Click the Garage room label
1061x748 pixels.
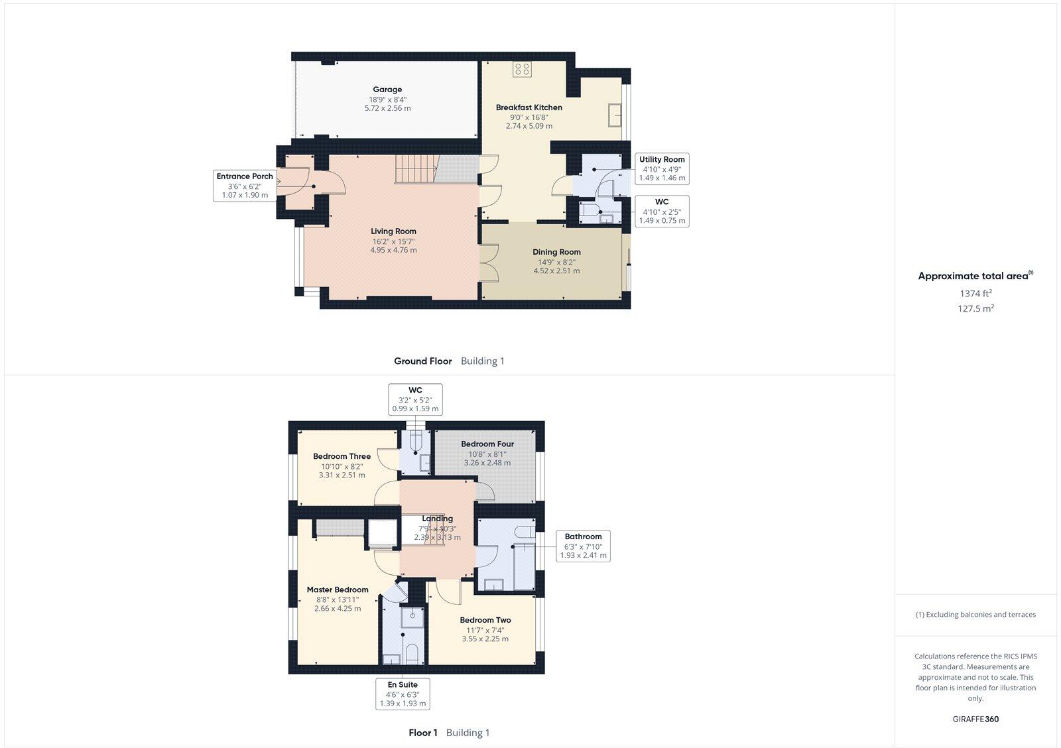tap(387, 90)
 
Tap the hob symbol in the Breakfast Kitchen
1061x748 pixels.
tap(522, 69)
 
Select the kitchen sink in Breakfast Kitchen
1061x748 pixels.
tap(614, 115)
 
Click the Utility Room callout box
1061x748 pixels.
tap(662, 168)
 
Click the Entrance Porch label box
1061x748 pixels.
tap(245, 186)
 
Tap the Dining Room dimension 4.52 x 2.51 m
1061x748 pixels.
tap(556, 271)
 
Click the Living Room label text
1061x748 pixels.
tap(393, 231)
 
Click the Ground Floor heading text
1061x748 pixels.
tap(422, 361)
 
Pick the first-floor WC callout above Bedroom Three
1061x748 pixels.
tap(415, 399)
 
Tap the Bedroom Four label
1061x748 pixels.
tap(487, 444)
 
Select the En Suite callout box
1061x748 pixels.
tap(403, 694)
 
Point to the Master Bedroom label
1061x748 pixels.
tap(338, 590)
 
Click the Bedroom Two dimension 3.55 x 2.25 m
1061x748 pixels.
tap(485, 639)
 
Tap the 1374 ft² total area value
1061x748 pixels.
tap(975, 293)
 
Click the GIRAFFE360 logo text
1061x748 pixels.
tap(975, 719)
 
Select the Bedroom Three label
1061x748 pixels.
tap(342, 456)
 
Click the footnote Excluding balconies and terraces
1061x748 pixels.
tap(975, 615)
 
